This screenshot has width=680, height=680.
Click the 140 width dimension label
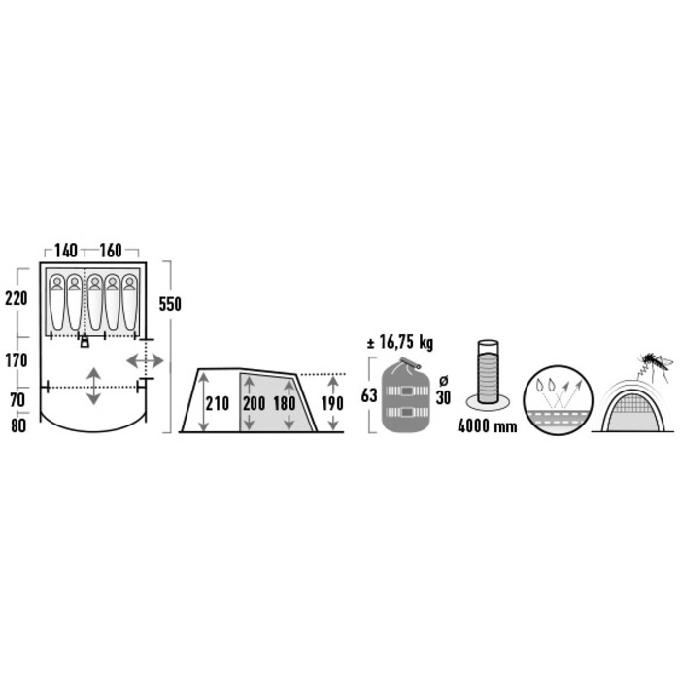pos(66,251)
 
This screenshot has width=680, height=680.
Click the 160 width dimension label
pos(111,251)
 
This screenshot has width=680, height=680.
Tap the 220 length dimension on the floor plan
pos(17,298)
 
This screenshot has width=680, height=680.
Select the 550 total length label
pos(170,304)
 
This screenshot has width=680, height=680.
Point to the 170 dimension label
pos(17,360)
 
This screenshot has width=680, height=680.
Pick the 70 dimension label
pos(17,400)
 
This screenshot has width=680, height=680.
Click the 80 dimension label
pos(18,425)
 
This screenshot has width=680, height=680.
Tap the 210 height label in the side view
pos(218,404)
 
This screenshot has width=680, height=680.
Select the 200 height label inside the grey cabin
pos(254,404)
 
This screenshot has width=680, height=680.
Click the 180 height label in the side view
pos(285,404)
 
